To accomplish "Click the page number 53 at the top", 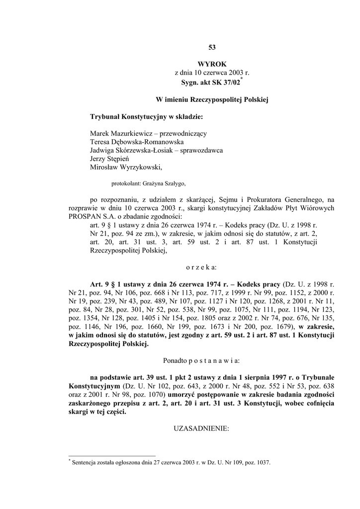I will pyautogui.click(x=212, y=47).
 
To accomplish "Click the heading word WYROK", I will pyautogui.click(x=212, y=64).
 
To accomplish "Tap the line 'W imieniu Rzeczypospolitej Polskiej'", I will pyautogui.click(x=212, y=99).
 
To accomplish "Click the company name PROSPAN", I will pyautogui.click(x=84, y=216).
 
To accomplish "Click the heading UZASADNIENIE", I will pyautogui.click(x=201, y=428).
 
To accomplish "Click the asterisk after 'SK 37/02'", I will pyautogui.click(x=241, y=78).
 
